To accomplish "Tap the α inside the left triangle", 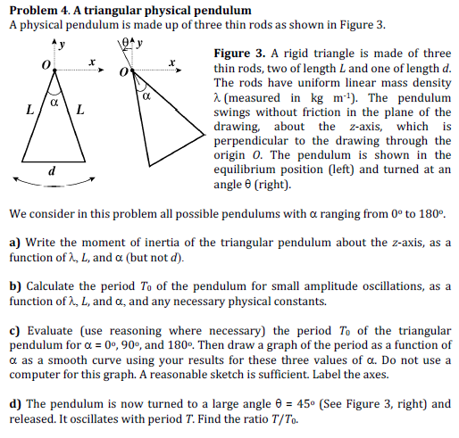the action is (54, 104).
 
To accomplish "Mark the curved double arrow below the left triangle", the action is (55, 184).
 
